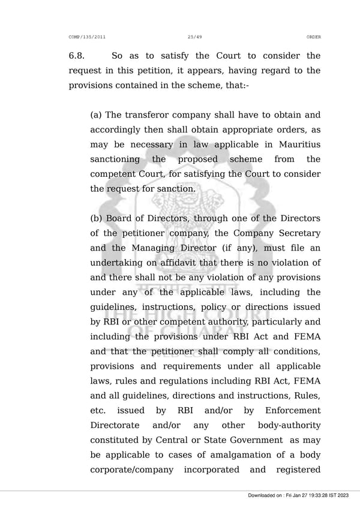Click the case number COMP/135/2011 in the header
coord(87,37)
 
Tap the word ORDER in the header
coord(313,37)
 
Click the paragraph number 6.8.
coord(77,56)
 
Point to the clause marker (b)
coord(97,218)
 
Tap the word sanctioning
coord(115,159)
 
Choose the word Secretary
coord(297,233)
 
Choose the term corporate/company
coord(131,470)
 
